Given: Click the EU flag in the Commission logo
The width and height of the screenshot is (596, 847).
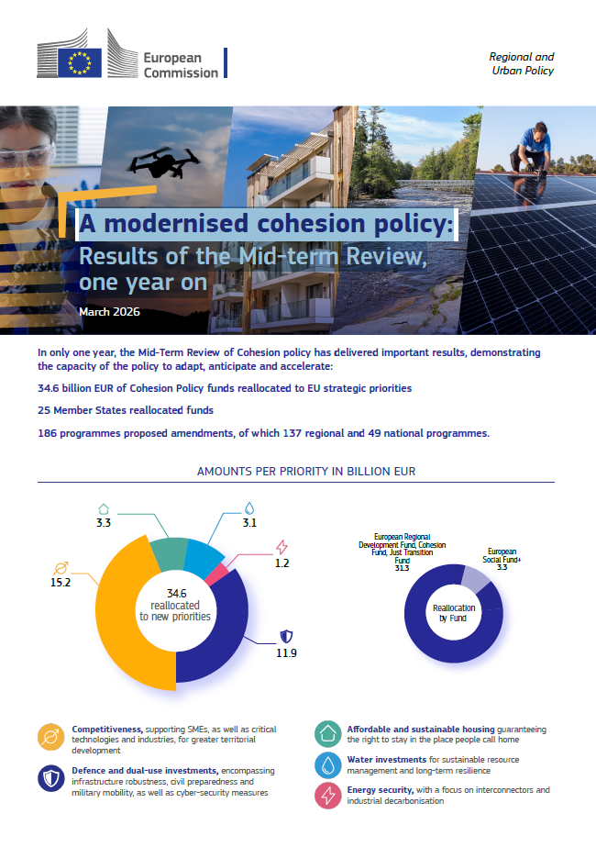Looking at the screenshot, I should (79, 62).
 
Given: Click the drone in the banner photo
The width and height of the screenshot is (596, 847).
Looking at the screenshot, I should (164, 165).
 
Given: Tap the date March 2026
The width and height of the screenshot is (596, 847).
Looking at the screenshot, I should (109, 312).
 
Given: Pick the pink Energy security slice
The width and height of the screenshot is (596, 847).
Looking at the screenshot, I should (218, 574).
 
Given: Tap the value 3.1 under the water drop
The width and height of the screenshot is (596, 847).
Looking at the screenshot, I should (250, 523).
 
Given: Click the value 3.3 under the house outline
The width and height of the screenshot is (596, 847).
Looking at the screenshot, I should (104, 524).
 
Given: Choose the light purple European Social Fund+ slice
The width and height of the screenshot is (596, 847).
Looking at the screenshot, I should (476, 578).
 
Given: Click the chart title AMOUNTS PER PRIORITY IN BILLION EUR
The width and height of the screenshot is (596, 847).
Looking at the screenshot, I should (306, 471).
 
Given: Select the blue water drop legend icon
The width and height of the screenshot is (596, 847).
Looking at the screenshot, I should (328, 765).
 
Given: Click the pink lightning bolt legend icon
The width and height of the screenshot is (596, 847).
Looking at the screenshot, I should (328, 796).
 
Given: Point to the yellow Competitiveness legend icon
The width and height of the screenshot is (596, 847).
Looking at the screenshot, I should (50, 737).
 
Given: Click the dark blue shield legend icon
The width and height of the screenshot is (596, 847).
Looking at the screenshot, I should (50, 778).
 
